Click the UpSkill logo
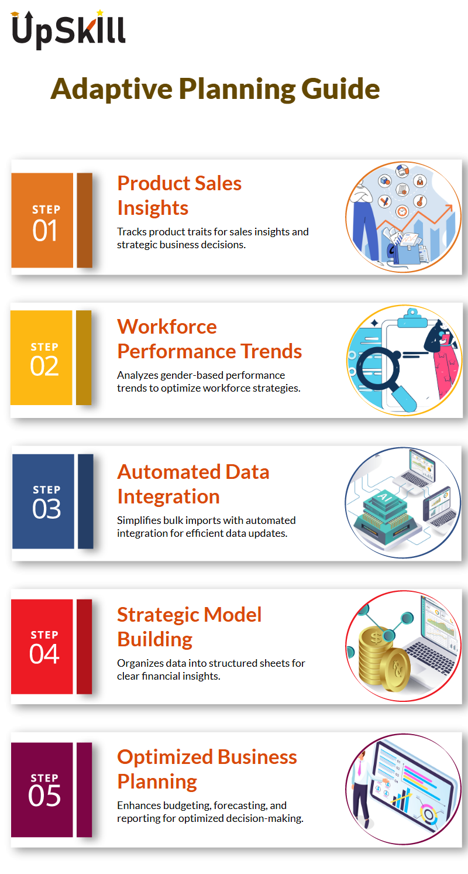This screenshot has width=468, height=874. pos(68,30)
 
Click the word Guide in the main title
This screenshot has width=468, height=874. pos(340,89)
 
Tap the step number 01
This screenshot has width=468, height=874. pos(45,231)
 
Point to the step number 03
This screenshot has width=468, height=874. pos(46,509)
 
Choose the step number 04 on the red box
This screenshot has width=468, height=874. pos(44,654)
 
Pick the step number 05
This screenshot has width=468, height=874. pos(44,796)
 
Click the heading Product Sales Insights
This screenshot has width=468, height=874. pos(180,196)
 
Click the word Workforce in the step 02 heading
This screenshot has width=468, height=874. pos(167,327)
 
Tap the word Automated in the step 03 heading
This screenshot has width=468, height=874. pos(168,472)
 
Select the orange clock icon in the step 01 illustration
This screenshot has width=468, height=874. pos(402,211)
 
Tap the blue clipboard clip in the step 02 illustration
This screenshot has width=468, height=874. pos(412,318)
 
